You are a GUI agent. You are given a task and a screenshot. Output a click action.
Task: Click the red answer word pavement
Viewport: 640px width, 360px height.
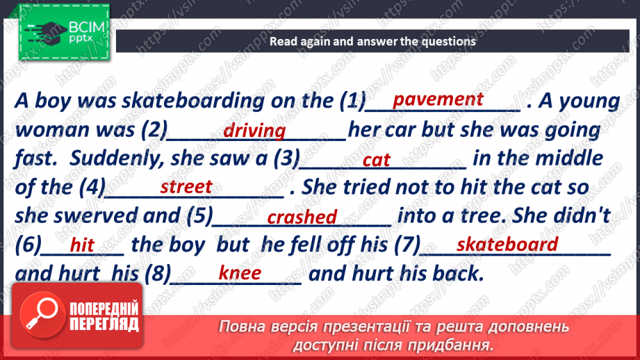pyautogui.click(x=438, y=99)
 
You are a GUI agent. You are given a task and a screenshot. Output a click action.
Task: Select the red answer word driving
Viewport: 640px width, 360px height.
pyautogui.click(x=254, y=131)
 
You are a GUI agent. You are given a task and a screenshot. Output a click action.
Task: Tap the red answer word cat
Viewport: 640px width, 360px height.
pyautogui.click(x=377, y=161)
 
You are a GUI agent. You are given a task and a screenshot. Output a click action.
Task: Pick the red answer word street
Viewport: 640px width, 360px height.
pyautogui.click(x=186, y=187)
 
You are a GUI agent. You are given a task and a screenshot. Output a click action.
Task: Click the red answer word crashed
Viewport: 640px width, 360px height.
pyautogui.click(x=302, y=218)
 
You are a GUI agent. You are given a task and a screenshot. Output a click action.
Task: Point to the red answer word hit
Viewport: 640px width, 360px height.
pyautogui.click(x=82, y=245)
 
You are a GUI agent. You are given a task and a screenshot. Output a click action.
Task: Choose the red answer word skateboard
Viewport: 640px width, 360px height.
pyautogui.click(x=507, y=244)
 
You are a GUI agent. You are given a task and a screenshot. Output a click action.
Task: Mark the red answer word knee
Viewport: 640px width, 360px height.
pyautogui.click(x=240, y=273)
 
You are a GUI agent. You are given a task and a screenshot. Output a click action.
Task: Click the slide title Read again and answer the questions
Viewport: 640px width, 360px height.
pyautogui.click(x=372, y=41)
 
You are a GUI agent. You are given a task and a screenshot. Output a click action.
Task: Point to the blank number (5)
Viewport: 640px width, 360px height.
pyautogui.click(x=199, y=216)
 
